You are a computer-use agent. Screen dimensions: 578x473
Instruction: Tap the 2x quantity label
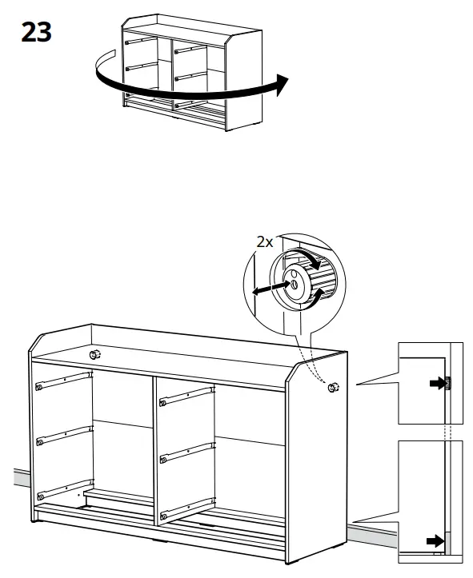point(265,242)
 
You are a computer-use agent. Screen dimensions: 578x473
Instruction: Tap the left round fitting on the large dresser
point(94,353)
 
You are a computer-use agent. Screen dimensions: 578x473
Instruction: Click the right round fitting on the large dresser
point(332,388)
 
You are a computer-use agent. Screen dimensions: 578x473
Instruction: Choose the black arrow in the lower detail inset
point(435,541)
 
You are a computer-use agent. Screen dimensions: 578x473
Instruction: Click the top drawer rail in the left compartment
point(64,380)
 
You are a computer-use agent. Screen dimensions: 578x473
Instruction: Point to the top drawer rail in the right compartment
point(187,396)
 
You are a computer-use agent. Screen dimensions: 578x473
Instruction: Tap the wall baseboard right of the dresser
point(372,530)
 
